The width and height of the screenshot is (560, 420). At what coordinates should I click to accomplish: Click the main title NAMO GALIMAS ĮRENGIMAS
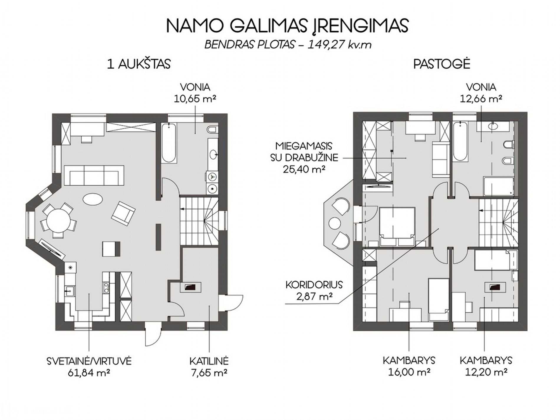point(287,26)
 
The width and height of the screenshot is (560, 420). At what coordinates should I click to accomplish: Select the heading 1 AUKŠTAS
point(139,64)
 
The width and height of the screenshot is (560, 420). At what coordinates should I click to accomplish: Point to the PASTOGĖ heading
point(442,64)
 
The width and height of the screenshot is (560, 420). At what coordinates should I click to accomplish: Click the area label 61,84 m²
point(89,373)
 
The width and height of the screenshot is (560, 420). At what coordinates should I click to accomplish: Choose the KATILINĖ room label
point(209,361)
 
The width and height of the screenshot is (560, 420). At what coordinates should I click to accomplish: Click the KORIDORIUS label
point(314,285)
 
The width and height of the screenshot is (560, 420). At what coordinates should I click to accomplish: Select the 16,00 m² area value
point(409,372)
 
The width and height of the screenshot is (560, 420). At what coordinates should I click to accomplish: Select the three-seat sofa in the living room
point(94,175)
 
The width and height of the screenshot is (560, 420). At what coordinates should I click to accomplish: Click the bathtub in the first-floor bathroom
point(169,143)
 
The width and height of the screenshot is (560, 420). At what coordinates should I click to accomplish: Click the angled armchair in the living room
point(123,213)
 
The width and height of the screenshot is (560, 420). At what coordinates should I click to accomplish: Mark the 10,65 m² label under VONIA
point(195,99)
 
